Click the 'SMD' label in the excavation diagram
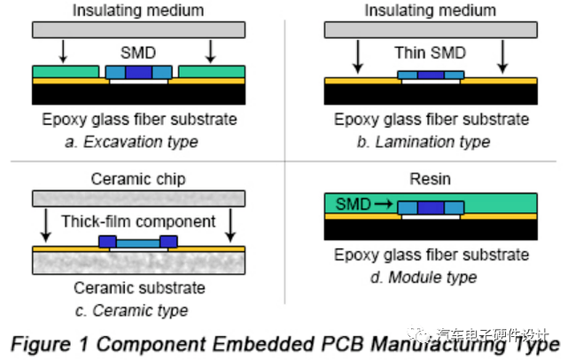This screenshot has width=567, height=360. point(138,53)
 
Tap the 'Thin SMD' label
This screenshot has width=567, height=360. point(430,53)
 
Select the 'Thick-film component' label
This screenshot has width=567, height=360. point(138,222)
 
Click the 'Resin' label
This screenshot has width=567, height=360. point(430,179)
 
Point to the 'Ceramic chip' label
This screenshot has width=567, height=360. point(138,179)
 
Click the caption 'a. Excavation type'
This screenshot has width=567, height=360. point(132,142)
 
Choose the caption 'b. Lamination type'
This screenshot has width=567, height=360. point(423,142)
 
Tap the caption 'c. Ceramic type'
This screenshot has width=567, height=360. point(132,310)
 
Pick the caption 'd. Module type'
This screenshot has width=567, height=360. point(423,278)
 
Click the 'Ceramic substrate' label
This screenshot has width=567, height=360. point(140,288)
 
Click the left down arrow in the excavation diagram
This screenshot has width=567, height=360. point(63,51)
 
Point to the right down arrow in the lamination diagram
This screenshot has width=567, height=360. point(502,57)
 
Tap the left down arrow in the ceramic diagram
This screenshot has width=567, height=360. point(45,225)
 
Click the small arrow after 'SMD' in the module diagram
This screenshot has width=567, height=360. point(384,205)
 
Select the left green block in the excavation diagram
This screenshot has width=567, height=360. point(66,72)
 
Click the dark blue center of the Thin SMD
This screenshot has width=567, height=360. point(431,74)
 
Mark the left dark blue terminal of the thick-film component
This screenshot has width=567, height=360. point(107,241)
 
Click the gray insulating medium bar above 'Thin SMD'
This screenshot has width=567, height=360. point(431,29)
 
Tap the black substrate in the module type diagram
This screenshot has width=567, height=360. point(431,230)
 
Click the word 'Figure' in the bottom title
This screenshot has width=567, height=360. point(41,344)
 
